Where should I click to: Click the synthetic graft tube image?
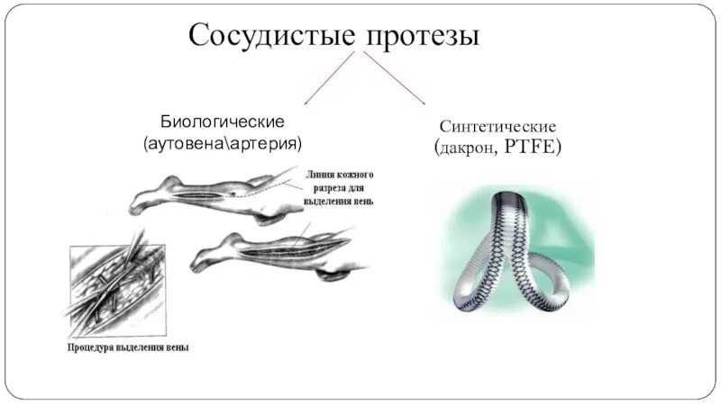pos(515,252)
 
